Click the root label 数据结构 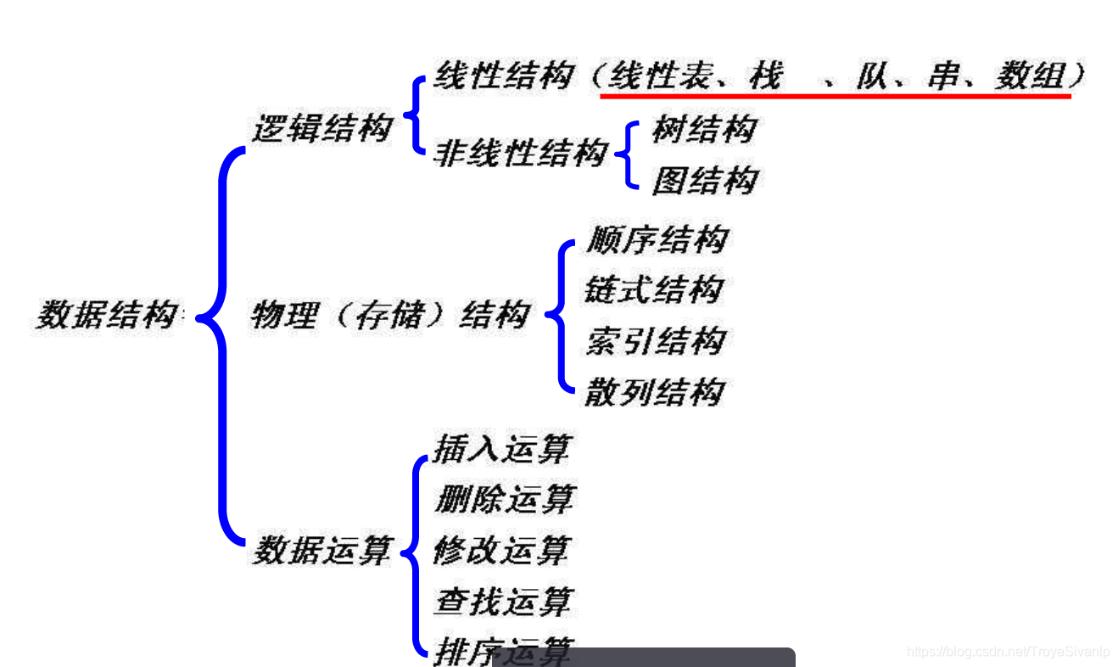[107, 316]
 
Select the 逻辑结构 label [322, 128]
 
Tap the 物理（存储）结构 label [389, 316]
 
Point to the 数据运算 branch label [322, 551]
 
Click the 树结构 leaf [703, 130]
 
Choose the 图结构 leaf [704, 181]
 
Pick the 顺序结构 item [656, 239]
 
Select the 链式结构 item [654, 289]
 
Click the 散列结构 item [654, 392]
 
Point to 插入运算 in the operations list [501, 449]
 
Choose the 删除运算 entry [504, 499]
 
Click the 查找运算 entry [503, 602]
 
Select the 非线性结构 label [521, 154]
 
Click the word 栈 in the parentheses [764, 77]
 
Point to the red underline [835, 97]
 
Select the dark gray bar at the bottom [645, 657]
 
